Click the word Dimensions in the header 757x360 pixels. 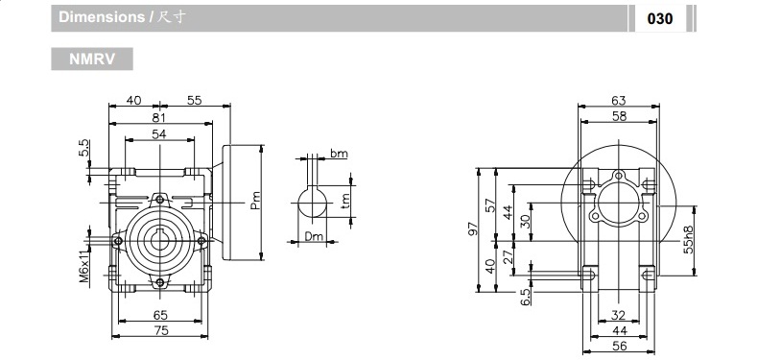point(100,18)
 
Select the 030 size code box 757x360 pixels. point(660,18)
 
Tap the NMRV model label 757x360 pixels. point(92,59)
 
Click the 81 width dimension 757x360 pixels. point(159,117)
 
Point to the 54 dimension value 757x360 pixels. point(159,134)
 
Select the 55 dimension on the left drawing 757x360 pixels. point(194,100)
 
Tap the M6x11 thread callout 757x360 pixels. point(84,260)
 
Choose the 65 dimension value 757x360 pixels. point(160,314)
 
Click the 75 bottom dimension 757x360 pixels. point(160,330)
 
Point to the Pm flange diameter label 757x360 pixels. point(255,199)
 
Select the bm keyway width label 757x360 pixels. point(339,153)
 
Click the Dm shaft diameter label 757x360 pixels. point(313,236)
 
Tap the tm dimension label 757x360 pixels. point(345,199)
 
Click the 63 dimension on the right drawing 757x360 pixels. point(618,100)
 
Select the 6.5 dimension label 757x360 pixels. point(526,299)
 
